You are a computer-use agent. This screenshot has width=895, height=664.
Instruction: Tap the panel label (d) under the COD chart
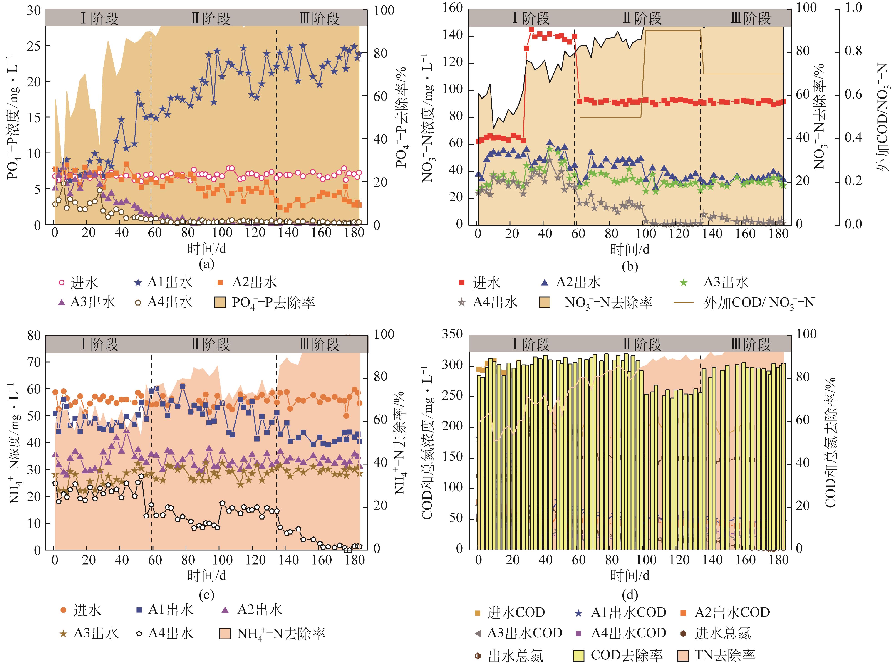(x=630, y=594)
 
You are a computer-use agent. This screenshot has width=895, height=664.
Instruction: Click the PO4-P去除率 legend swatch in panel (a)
(x=220, y=302)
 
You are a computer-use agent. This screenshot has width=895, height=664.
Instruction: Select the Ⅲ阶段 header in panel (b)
(x=751, y=18)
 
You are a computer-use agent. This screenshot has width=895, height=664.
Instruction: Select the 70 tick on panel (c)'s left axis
(x=34, y=362)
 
